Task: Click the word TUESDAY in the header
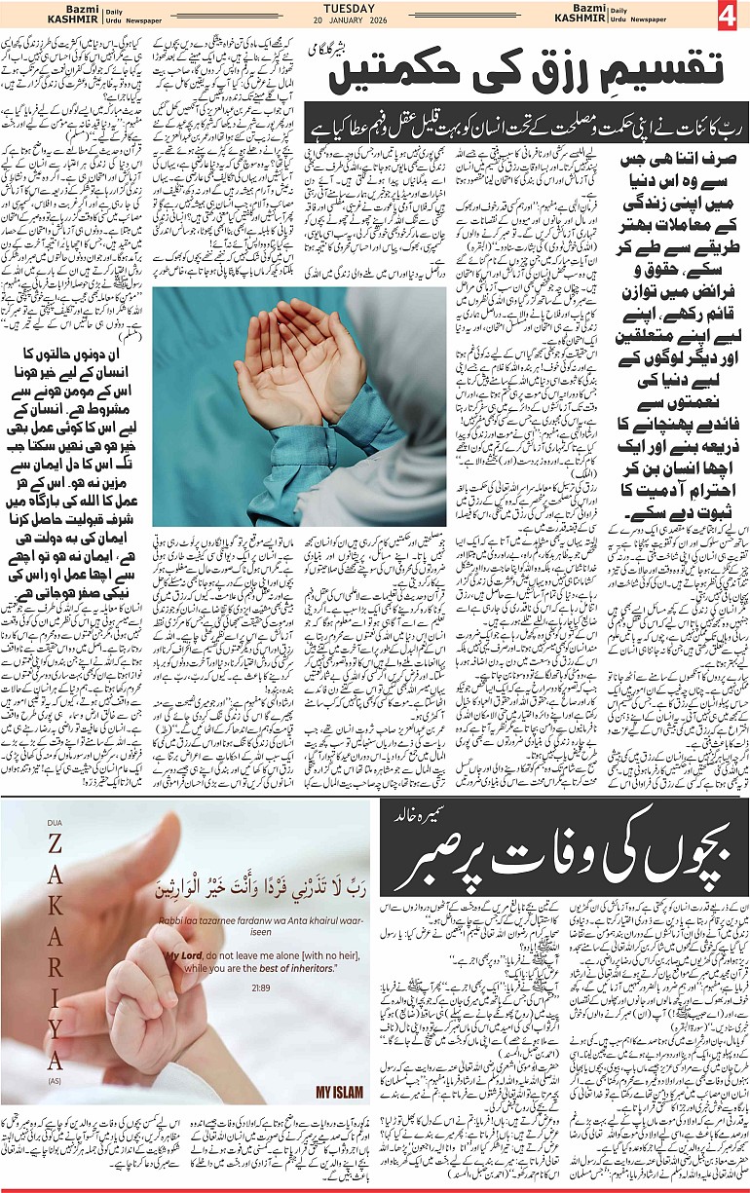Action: (376, 7)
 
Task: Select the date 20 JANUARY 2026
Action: (376, 19)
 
